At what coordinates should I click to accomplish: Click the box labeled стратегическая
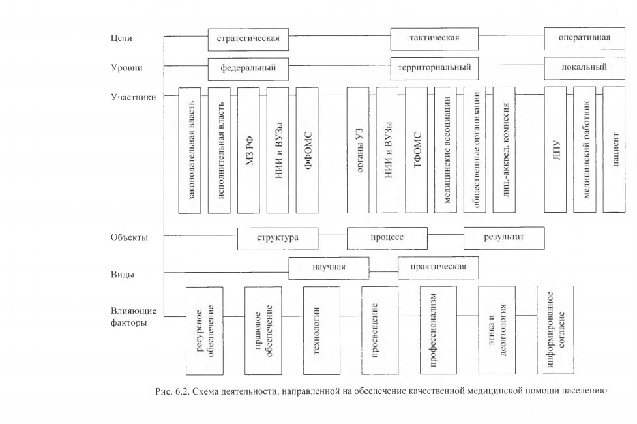click(248, 39)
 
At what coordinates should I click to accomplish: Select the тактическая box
click(434, 38)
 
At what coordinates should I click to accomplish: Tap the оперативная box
click(585, 38)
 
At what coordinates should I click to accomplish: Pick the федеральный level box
click(248, 69)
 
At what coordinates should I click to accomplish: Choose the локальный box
click(585, 68)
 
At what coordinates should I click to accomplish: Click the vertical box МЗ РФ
click(248, 151)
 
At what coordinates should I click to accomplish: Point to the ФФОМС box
click(307, 151)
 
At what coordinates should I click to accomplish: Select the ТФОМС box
click(417, 150)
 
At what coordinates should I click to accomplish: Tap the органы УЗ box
click(358, 150)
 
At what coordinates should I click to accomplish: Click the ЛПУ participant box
click(556, 149)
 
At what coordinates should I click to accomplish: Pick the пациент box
click(614, 149)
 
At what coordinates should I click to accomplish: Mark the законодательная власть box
click(190, 151)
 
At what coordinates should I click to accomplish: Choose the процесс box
click(387, 238)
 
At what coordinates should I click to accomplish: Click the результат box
click(504, 238)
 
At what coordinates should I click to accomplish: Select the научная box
click(329, 268)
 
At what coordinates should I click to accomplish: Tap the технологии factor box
click(321, 331)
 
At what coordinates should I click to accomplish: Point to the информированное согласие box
click(556, 329)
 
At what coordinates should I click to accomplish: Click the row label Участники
click(134, 97)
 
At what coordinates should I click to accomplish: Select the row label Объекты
click(129, 237)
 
